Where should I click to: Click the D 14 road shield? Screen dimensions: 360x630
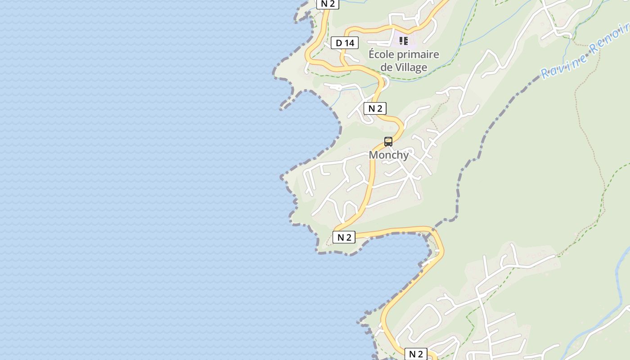pos(345,43)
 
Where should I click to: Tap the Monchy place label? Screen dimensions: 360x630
pos(389,155)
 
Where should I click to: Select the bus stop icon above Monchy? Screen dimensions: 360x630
pos(388,141)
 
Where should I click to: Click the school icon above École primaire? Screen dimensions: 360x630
pos(404,41)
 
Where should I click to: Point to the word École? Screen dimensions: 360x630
pos(384,55)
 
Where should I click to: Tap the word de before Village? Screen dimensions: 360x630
pos(387,67)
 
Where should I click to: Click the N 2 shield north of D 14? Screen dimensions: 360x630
pos(328,4)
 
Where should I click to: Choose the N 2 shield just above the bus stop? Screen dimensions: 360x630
pos(375,108)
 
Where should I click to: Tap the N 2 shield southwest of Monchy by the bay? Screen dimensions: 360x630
pos(344,237)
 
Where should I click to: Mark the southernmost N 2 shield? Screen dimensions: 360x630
pos(415,354)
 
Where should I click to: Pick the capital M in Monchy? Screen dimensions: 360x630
pos(373,155)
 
